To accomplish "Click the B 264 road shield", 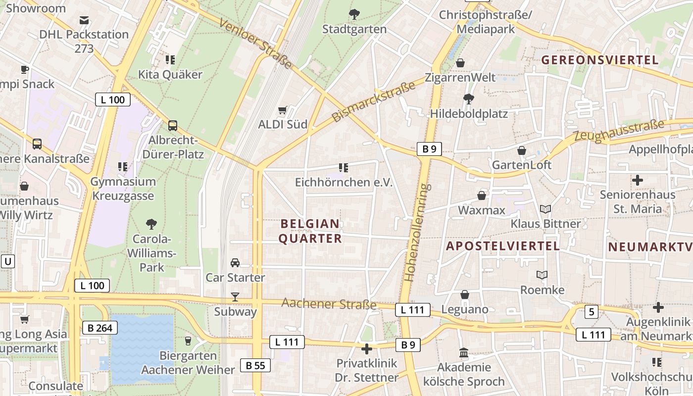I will [x=100, y=328].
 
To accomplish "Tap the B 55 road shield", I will [x=255, y=365].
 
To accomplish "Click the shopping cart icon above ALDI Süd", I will [x=283, y=110].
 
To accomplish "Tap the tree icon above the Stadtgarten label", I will [x=354, y=14].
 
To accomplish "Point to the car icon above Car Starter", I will [x=235, y=263].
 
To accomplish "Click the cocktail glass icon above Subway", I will [x=235, y=297].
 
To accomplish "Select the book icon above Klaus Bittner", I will [x=545, y=209].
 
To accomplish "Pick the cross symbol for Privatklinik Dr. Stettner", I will [x=366, y=349].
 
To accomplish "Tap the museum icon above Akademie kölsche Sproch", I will [x=464, y=353].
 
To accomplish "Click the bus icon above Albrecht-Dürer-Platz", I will [x=173, y=126].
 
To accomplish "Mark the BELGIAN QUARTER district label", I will [x=310, y=231].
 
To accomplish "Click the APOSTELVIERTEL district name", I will [x=503, y=246].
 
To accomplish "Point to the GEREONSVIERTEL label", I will [x=600, y=60].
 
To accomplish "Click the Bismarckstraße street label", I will [x=374, y=102].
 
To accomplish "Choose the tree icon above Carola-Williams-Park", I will [x=151, y=224].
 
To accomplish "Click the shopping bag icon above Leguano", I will [x=465, y=295].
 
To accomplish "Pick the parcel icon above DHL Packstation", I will [x=84, y=20].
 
